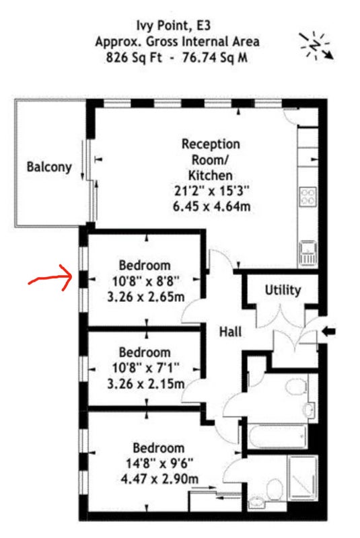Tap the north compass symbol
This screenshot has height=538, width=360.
pyautogui.click(x=316, y=46)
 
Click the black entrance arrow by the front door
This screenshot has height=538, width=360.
pyautogui.click(x=329, y=332)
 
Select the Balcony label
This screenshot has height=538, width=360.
pyautogui.click(x=49, y=167)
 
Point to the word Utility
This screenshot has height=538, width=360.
pyautogui.click(x=283, y=291)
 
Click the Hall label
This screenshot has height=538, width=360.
pyautogui.click(x=230, y=332)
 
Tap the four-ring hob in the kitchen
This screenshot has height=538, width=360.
pyautogui.click(x=308, y=196)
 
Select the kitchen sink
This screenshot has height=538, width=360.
pyautogui.click(x=308, y=253)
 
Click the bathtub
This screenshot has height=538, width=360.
pyautogui.click(x=278, y=436)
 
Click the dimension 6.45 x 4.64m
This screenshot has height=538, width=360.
pyautogui.click(x=211, y=206)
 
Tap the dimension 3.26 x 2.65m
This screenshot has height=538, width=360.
pyautogui.click(x=146, y=297)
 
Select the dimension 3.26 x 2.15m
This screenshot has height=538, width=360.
pyautogui.click(x=146, y=383)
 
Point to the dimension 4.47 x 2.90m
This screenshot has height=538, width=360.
pyautogui.click(x=159, y=479)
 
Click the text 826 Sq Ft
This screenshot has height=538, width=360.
pyautogui.click(x=134, y=57)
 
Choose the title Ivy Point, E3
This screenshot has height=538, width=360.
pyautogui.click(x=174, y=26)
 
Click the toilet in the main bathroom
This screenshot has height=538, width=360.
pyautogui.click(x=296, y=387)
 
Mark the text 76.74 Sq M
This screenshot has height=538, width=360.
pyautogui.click(x=215, y=57)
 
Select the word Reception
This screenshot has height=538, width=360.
pyautogui.click(x=211, y=144)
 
